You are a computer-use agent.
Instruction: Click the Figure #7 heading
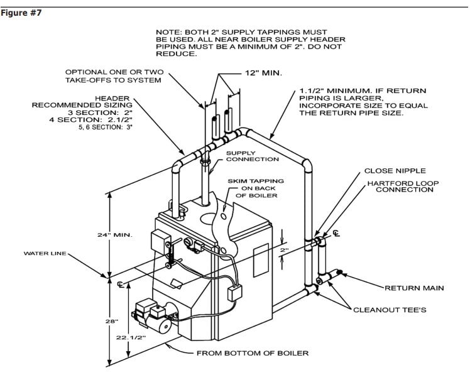pos(21,13)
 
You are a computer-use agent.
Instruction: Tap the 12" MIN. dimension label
pos(263,73)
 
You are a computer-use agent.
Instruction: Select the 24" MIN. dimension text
pos(114,235)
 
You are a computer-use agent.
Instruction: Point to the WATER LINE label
pos(45,253)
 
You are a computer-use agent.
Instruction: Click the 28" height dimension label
pos(111,322)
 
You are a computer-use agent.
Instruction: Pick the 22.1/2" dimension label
pos(131,337)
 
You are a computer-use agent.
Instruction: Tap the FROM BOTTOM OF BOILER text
pos(253,353)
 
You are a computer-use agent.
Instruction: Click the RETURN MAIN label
pos(414,288)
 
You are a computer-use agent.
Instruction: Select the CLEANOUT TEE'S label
pos(390,310)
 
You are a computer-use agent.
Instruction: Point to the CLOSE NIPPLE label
pos(395,171)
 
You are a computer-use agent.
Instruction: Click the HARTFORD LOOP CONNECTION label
pos(403,186)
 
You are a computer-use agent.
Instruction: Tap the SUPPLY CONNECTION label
pos(253,156)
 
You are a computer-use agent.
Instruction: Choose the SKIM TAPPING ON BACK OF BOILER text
pos(256,188)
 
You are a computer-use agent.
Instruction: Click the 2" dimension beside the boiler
pos(285,249)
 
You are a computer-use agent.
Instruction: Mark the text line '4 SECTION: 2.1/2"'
pos(91,119)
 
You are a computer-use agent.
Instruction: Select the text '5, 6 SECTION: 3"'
pos(106,127)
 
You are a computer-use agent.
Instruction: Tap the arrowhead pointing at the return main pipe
pos(342,274)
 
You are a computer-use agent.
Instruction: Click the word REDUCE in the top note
pos(176,54)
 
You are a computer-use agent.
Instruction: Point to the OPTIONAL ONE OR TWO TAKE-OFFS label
pos(114,76)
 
